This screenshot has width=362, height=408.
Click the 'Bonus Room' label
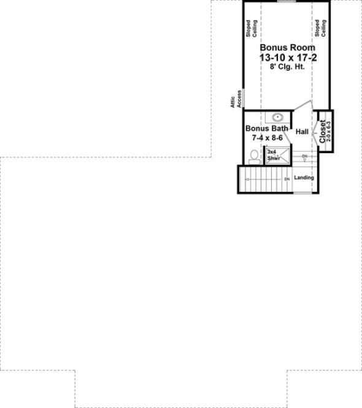pos(287,47)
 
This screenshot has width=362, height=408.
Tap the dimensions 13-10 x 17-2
pos(287,57)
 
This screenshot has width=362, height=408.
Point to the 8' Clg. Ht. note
pos(287,67)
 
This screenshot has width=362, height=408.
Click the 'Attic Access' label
pos(236,98)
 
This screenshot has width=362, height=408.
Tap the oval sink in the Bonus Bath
pos(277,117)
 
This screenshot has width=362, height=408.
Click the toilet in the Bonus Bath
pos(253,158)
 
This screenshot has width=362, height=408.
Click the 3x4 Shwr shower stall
pos(274,155)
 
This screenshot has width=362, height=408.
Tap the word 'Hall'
pos(302,131)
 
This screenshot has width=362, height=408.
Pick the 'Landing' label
pos(304,178)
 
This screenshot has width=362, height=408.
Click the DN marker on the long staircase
pos(287,179)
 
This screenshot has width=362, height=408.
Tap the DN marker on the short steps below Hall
pos(305,156)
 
